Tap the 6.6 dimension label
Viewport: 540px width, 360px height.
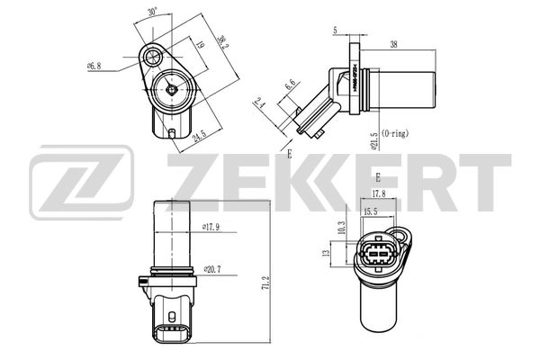click(291, 85)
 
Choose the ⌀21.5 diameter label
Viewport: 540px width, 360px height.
click(372, 137)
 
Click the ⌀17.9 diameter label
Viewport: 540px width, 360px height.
click(211, 227)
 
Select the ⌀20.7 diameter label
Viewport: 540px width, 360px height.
click(212, 268)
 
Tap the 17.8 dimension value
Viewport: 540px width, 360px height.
click(379, 192)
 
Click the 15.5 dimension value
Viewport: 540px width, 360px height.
click(370, 211)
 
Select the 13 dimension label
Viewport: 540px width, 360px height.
click(327, 255)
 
